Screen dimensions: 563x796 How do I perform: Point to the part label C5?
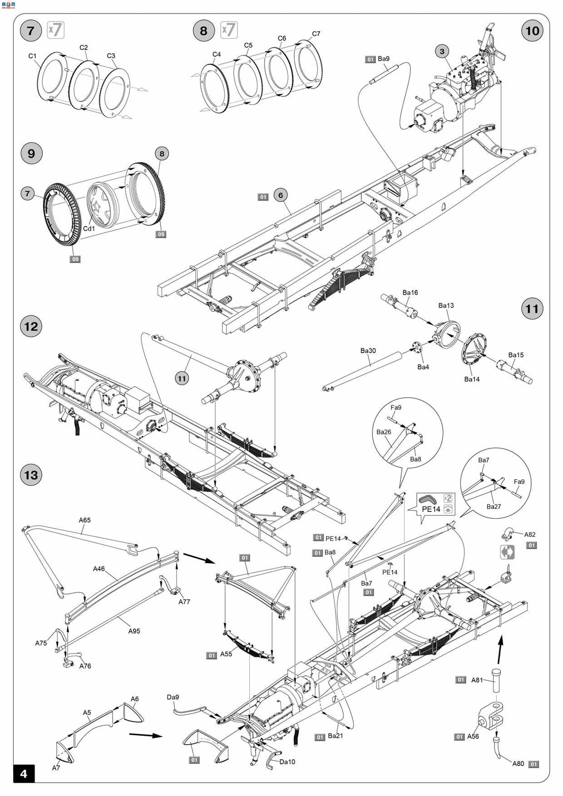coord(248,45)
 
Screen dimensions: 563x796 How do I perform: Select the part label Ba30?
coord(368,351)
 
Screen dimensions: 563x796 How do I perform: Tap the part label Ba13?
coord(446,305)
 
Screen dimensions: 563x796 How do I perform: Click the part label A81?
coord(477,680)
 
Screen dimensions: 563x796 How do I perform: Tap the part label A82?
coord(530,535)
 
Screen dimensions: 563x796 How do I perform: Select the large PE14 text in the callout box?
coord(431,509)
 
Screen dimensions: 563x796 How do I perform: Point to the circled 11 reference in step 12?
coord(182,378)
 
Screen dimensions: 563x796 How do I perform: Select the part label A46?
coord(99,569)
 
